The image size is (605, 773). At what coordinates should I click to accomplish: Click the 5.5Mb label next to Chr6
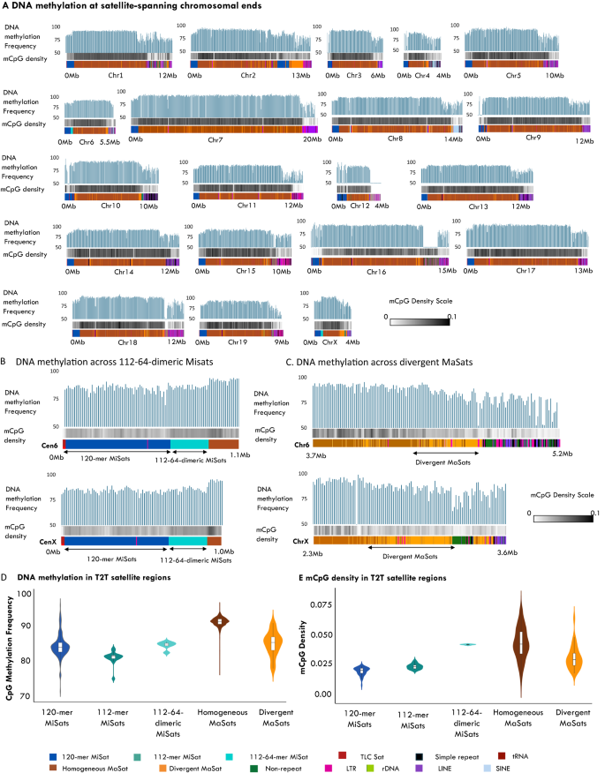(109, 140)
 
